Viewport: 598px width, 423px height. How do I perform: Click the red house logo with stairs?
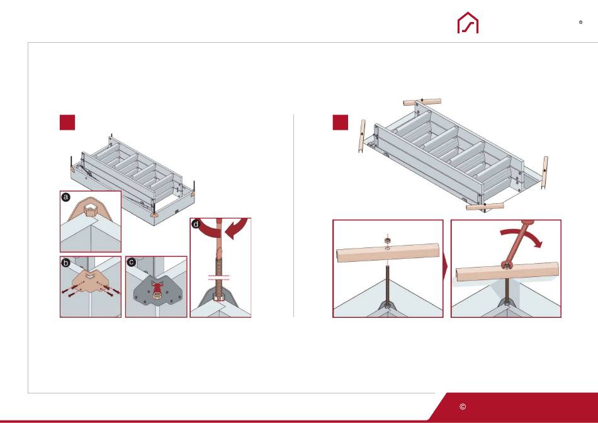468,23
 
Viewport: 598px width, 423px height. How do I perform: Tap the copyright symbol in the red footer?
463,407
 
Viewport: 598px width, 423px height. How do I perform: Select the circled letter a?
66,197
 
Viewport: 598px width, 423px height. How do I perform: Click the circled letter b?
66,262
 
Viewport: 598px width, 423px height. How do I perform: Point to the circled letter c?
131,262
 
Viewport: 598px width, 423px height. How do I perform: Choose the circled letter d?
196,224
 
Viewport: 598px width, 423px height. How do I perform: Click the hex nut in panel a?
90,210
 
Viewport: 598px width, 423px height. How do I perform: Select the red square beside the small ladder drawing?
67,123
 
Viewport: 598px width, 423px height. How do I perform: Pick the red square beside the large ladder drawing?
341,123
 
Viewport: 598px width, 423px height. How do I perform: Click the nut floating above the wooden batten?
388,240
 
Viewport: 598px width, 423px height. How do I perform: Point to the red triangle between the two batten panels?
445,269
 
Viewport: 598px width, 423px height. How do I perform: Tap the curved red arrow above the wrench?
521,235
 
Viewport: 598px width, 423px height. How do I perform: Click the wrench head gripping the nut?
506,265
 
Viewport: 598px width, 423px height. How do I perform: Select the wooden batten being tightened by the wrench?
507,271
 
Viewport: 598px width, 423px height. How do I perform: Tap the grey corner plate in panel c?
156,293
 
